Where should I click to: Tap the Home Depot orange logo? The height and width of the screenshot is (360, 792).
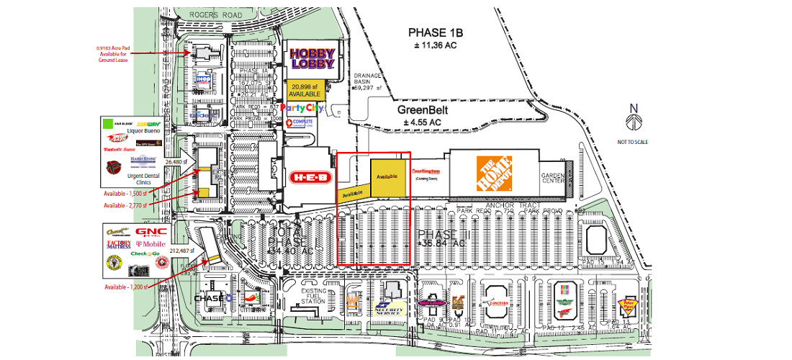(x=494, y=174)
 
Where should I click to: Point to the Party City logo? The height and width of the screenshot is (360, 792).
(x=302, y=108)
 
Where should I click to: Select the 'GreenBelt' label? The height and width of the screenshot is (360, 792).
(x=423, y=110)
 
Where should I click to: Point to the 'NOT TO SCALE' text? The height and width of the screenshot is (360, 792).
(x=632, y=142)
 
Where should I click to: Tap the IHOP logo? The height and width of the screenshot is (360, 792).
(x=204, y=80)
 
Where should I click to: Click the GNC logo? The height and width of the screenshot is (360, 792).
(x=151, y=232)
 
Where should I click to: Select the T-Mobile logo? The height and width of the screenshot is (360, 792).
(x=150, y=244)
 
